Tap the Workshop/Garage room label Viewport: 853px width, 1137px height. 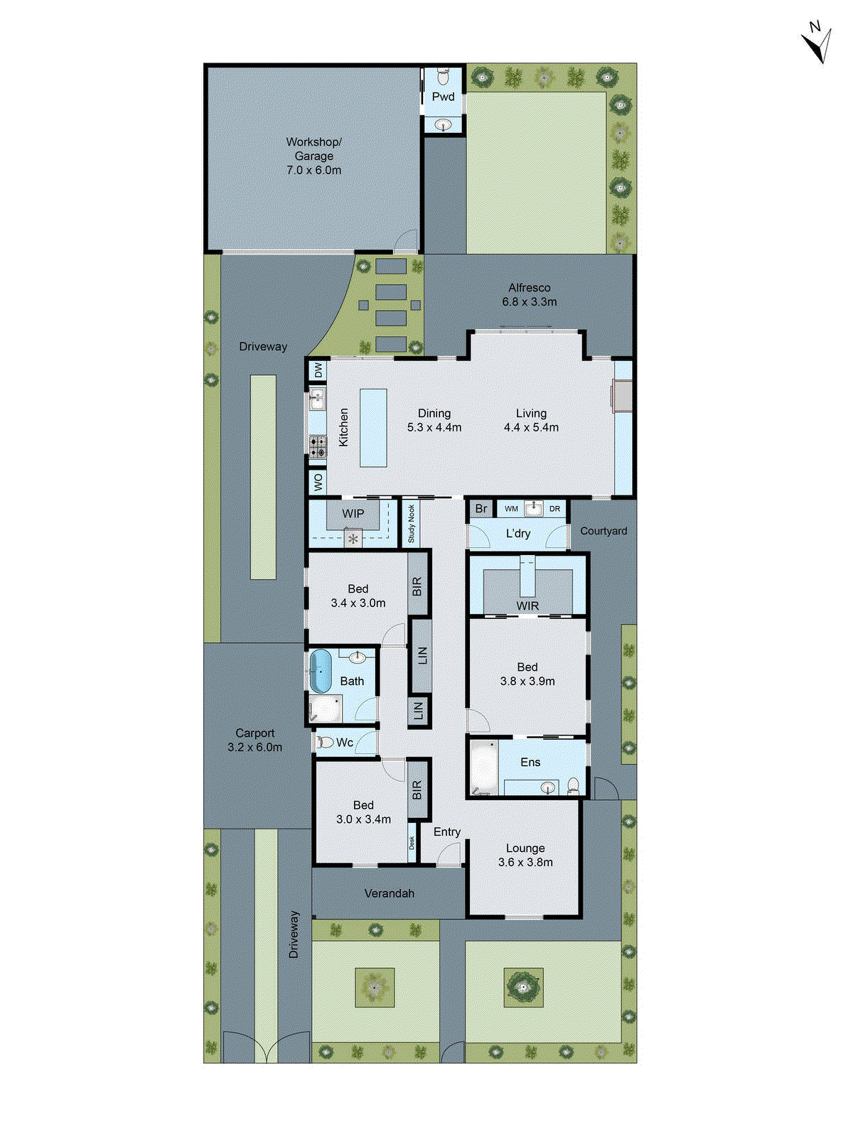click(x=313, y=156)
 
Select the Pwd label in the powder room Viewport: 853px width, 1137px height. click(x=443, y=97)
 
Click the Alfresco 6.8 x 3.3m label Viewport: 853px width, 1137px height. click(x=530, y=295)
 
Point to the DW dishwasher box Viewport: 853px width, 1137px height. click(x=318, y=370)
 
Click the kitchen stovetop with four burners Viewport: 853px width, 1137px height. click(x=317, y=446)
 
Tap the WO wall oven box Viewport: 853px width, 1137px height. click(x=318, y=482)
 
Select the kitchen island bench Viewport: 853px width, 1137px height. click(x=373, y=427)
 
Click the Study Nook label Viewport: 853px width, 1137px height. click(x=411, y=524)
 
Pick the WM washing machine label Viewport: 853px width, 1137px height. click(x=511, y=509)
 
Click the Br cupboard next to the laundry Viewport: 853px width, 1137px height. click(x=481, y=509)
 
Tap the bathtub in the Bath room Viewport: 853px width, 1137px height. click(x=321, y=671)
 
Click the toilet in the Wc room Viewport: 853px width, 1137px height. click(x=325, y=743)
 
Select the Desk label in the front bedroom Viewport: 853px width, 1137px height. click(x=412, y=843)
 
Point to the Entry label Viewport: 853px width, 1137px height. click(x=447, y=832)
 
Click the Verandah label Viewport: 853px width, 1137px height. click(x=389, y=893)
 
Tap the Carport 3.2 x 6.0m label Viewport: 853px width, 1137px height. click(x=254, y=740)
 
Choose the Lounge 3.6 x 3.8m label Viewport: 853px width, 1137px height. click(x=525, y=856)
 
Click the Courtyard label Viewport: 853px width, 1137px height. click(x=603, y=531)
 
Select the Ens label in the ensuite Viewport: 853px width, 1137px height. click(x=530, y=763)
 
